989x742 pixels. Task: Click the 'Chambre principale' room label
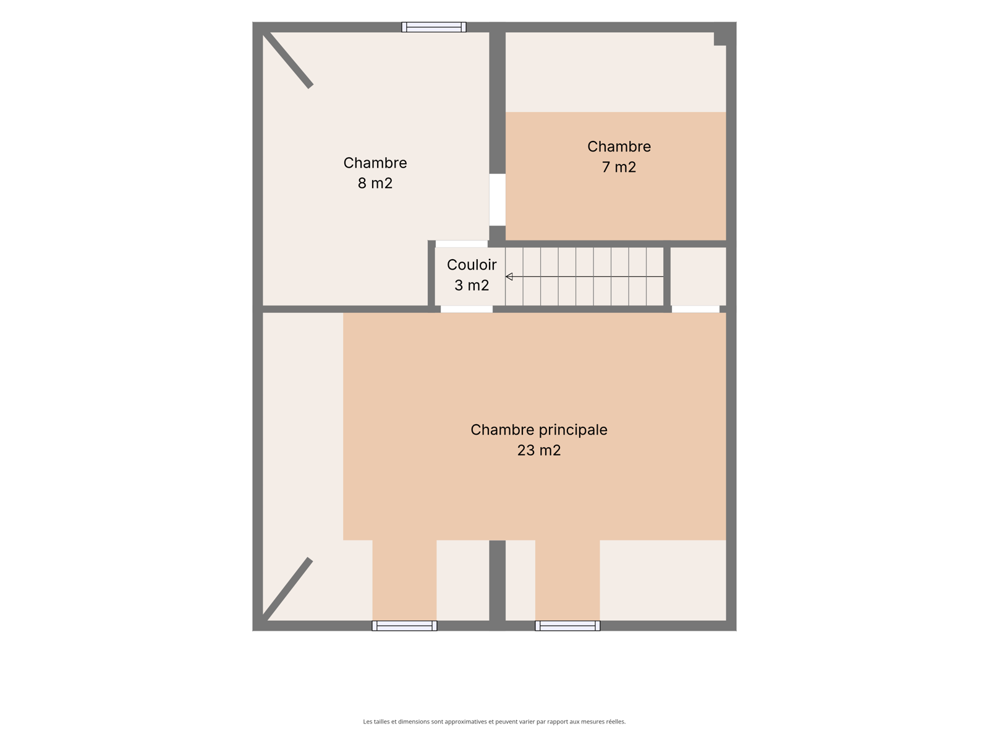[538, 430]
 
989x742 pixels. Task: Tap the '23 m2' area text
[538, 450]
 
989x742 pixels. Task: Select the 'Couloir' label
[471, 265]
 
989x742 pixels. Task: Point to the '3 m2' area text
[471, 285]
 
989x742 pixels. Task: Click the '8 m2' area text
[375, 184]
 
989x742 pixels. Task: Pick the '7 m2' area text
[619, 167]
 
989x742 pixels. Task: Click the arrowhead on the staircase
[509, 276]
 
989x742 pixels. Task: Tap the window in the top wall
[433, 27]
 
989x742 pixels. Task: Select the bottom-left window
[404, 626]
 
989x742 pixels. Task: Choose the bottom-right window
[567, 626]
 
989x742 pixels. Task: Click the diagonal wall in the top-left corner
[288, 60]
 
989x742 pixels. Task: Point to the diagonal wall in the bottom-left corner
[287, 589]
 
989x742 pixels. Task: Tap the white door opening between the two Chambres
[497, 200]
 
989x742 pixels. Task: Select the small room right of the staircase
[698, 276]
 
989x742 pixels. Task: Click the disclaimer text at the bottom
[494, 721]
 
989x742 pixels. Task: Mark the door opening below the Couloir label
[466, 309]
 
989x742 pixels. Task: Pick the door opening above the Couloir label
[461, 244]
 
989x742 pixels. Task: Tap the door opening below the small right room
[695, 309]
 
